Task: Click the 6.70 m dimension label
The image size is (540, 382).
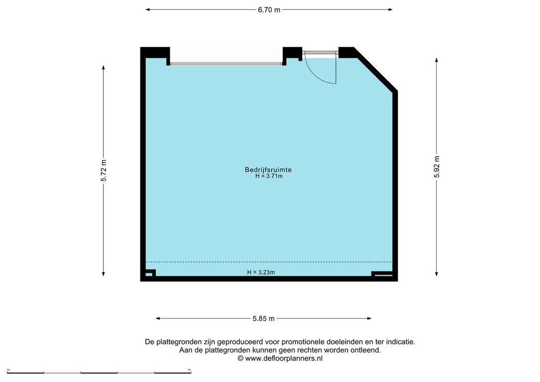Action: [269, 10]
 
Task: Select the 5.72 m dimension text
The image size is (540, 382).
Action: [104, 170]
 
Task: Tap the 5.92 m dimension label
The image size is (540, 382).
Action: [437, 167]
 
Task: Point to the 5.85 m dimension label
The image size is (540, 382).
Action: [264, 318]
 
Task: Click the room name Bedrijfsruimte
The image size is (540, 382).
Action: [268, 170]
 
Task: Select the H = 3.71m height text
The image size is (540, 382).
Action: [269, 176]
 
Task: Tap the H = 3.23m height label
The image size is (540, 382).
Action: [261, 272]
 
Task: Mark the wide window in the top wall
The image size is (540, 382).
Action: [226, 64]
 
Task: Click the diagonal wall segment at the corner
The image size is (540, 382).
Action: [375, 69]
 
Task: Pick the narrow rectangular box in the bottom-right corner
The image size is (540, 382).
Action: [382, 274]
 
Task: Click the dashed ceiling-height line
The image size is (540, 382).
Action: [269, 262]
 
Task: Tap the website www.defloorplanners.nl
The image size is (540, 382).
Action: [284, 358]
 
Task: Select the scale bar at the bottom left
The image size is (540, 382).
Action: [99, 372]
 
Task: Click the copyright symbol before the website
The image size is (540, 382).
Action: [240, 358]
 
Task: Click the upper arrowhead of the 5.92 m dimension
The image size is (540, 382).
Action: [437, 60]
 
